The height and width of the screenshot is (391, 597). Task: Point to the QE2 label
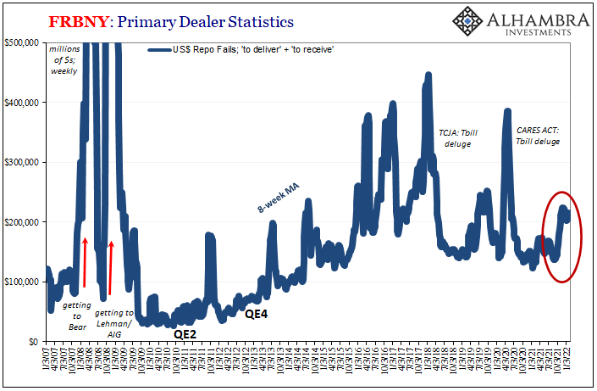pyautogui.click(x=185, y=333)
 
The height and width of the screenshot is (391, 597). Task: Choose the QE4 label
pyautogui.click(x=257, y=314)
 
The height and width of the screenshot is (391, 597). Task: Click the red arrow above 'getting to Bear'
pyautogui.click(x=86, y=263)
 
